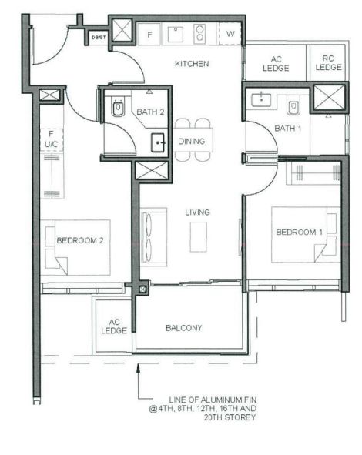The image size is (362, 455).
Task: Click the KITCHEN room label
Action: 192,64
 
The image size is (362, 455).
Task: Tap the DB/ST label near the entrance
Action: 99,38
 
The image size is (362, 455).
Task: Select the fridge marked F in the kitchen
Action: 149,34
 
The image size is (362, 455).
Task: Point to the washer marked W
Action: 230,34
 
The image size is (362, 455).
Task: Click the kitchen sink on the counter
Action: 176,34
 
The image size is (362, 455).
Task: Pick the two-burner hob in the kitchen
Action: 199,34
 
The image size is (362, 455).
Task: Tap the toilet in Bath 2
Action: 117,107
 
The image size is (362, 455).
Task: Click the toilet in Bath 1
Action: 293,106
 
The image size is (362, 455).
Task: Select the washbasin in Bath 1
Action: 261,99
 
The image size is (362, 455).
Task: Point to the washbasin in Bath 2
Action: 158,142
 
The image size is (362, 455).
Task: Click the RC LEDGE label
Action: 328,62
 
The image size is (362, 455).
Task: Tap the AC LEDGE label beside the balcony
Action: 114,326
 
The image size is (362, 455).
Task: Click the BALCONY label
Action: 184,328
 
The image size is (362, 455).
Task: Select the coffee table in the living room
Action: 199,237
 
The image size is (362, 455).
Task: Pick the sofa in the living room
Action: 154,237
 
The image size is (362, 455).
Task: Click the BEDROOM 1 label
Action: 300,233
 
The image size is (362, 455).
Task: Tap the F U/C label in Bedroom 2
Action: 52,139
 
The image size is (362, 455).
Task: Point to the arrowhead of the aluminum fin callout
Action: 139,367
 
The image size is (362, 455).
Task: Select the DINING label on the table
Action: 192,142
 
